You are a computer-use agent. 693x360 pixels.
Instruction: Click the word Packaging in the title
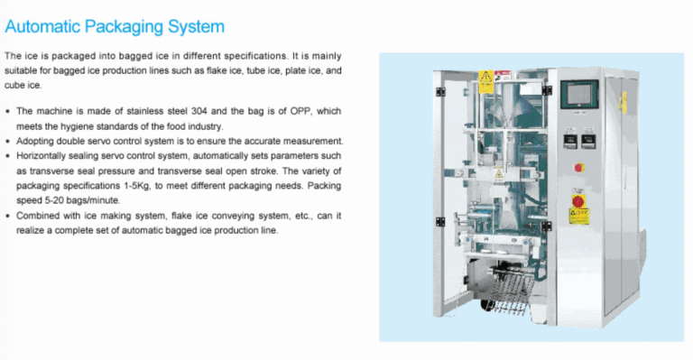tap(124, 27)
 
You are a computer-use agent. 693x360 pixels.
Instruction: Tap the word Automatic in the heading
tap(42, 26)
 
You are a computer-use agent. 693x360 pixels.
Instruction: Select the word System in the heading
tap(196, 27)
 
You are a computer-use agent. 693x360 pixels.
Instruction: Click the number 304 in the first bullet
tap(199, 111)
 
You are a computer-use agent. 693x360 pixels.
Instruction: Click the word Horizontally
tap(42, 156)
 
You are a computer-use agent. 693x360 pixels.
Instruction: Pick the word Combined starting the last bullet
tap(35, 216)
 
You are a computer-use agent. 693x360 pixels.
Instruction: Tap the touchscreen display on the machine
tap(579, 94)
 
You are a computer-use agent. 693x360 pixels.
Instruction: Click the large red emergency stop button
tap(578, 201)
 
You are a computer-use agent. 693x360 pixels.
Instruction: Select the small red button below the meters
tap(579, 168)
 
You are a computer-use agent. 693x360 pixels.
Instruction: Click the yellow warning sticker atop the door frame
tap(486, 82)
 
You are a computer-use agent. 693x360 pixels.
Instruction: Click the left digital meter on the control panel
tap(569, 142)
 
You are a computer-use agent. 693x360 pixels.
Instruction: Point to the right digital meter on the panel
tap(588, 142)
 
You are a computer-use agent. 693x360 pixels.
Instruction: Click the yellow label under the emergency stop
tap(579, 216)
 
